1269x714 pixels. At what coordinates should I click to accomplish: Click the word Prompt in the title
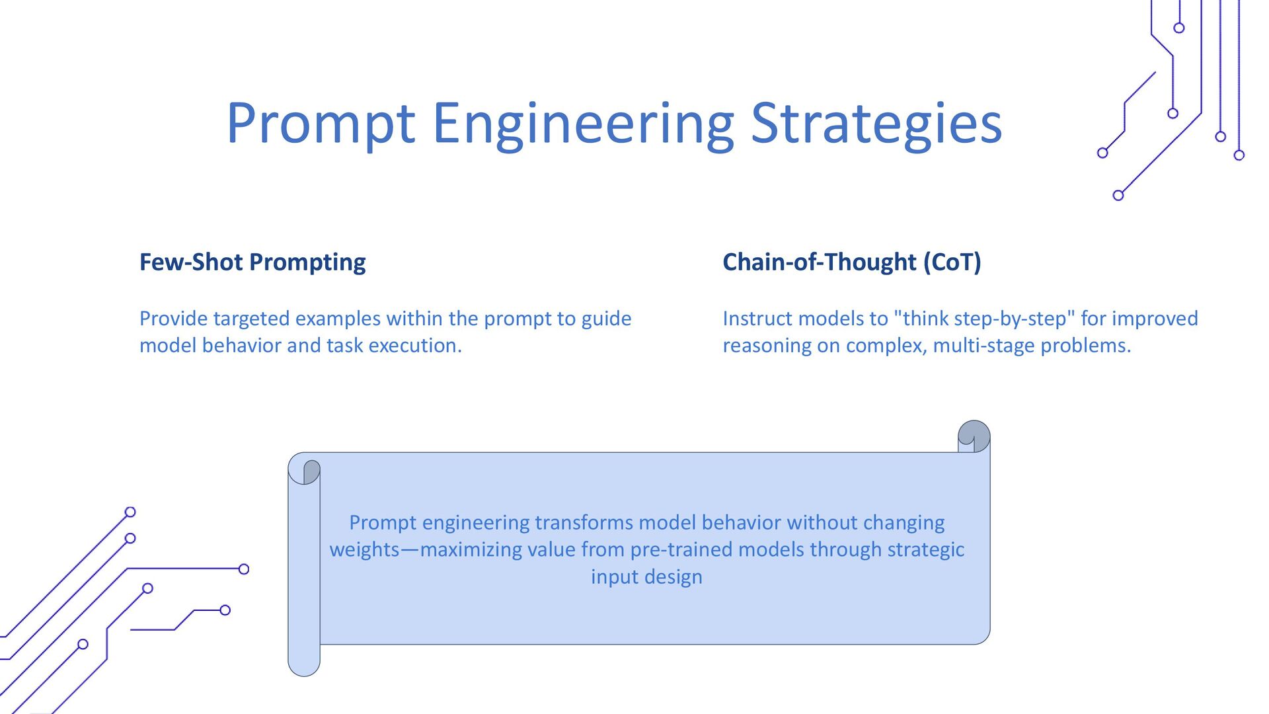321,124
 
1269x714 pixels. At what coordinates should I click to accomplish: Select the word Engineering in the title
583,124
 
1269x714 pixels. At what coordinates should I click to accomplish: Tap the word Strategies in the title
876,124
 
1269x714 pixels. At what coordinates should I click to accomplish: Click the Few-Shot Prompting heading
252,262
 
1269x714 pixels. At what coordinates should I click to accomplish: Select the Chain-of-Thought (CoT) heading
852,262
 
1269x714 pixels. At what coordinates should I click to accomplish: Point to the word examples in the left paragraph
338,319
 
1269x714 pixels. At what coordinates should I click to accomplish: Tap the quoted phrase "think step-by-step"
983,319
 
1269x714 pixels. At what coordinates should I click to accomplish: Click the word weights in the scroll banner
364,550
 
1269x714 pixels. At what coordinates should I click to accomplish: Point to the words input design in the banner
646,577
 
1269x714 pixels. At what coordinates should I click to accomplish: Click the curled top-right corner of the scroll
974,436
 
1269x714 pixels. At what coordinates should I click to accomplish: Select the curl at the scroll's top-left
304,469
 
